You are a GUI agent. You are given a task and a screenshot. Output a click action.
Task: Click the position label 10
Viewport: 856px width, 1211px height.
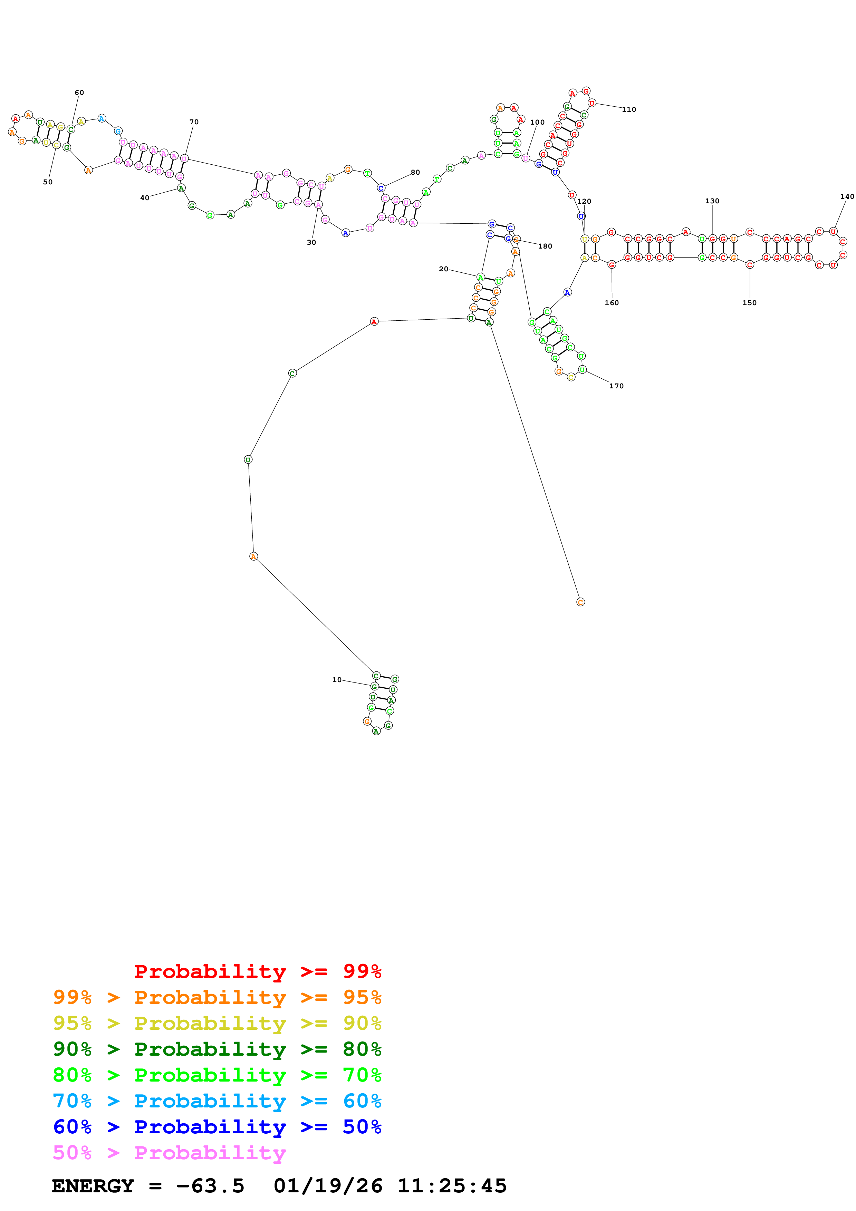(336, 680)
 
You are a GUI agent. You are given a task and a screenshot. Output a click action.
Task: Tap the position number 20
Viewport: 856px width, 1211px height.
(444, 269)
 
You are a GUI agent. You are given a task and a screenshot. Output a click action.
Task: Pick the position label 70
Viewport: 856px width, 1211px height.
(194, 122)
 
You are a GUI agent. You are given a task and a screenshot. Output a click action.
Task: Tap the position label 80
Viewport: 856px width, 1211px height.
(416, 173)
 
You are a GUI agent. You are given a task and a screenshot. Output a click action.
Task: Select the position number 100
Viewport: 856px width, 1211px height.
(537, 122)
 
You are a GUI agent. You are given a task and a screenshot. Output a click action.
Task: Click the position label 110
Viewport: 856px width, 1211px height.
(629, 110)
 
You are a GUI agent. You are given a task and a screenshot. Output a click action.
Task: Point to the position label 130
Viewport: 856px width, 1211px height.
(712, 201)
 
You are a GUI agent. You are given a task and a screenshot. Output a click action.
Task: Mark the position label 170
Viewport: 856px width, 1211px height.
(616, 386)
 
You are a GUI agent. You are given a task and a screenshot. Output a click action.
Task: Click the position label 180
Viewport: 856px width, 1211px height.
(545, 246)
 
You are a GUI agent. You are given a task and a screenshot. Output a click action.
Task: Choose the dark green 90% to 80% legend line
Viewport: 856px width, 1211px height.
(217, 1049)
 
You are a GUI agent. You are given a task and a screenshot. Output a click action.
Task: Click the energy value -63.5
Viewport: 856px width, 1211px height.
(210, 1186)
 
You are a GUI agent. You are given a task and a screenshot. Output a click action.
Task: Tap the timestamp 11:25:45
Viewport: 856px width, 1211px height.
(452, 1186)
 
